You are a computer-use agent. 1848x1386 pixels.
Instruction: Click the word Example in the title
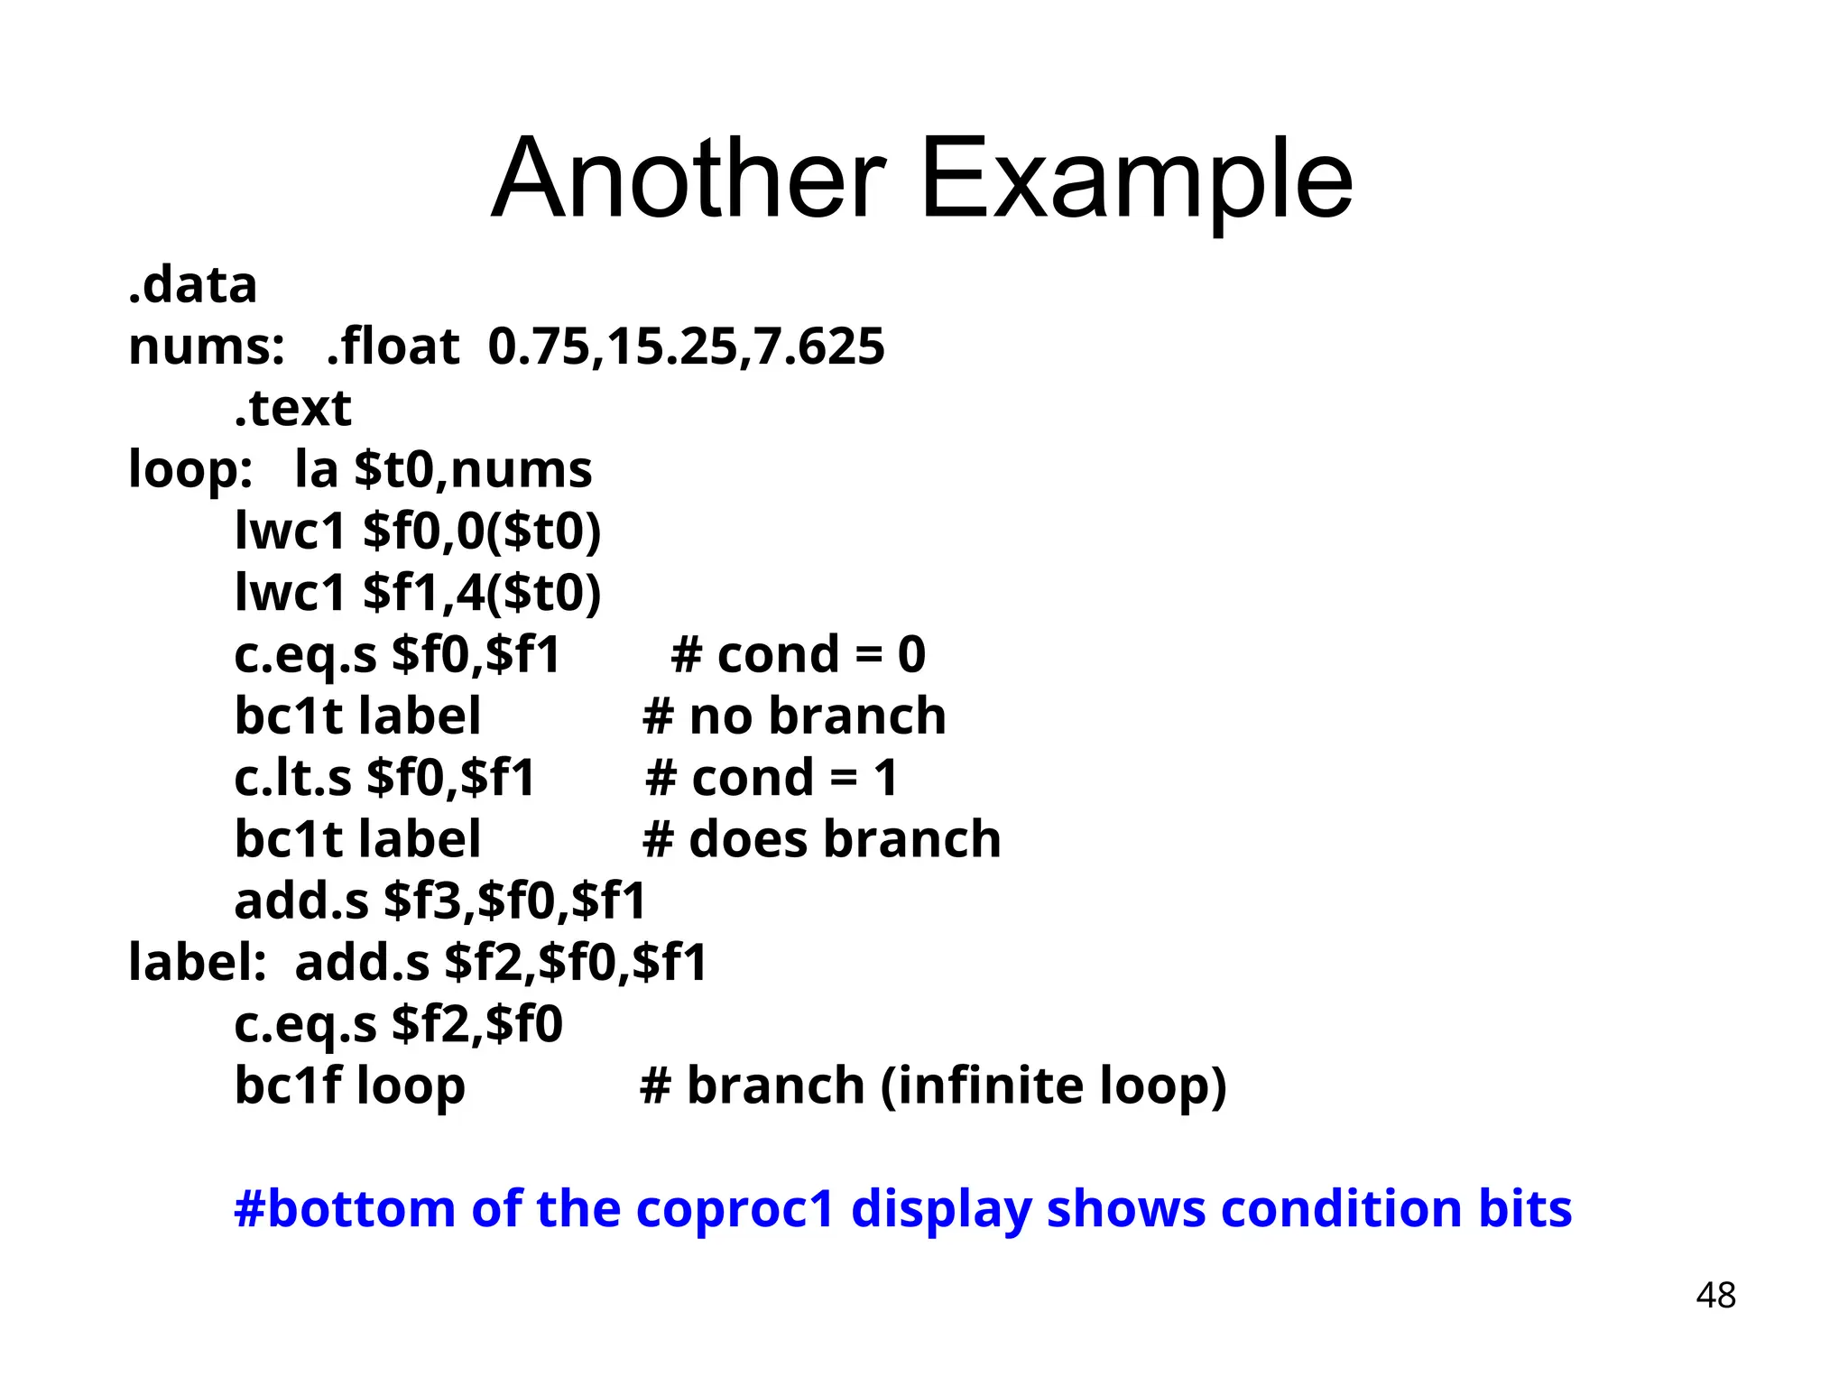[x=1136, y=180]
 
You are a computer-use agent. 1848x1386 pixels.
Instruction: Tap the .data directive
[x=193, y=285]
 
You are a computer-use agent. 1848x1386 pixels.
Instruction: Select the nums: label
[x=207, y=346]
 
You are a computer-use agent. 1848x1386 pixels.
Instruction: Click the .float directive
[x=393, y=346]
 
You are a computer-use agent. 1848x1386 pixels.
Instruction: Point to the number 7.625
[x=819, y=346]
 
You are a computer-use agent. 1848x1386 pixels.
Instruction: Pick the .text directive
[x=292, y=408]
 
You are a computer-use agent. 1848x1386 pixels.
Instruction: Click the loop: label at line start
[x=190, y=470]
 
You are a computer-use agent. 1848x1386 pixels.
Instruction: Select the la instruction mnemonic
[x=316, y=470]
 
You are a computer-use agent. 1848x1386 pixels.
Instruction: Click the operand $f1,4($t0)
[x=482, y=593]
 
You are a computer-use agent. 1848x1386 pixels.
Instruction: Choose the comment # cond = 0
[x=799, y=654]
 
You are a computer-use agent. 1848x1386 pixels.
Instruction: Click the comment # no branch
[x=794, y=716]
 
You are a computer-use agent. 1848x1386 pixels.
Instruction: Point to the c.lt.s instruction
[x=292, y=778]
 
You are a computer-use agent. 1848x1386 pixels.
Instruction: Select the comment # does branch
[x=821, y=839]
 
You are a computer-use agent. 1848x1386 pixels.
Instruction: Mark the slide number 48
[x=1715, y=1296]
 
